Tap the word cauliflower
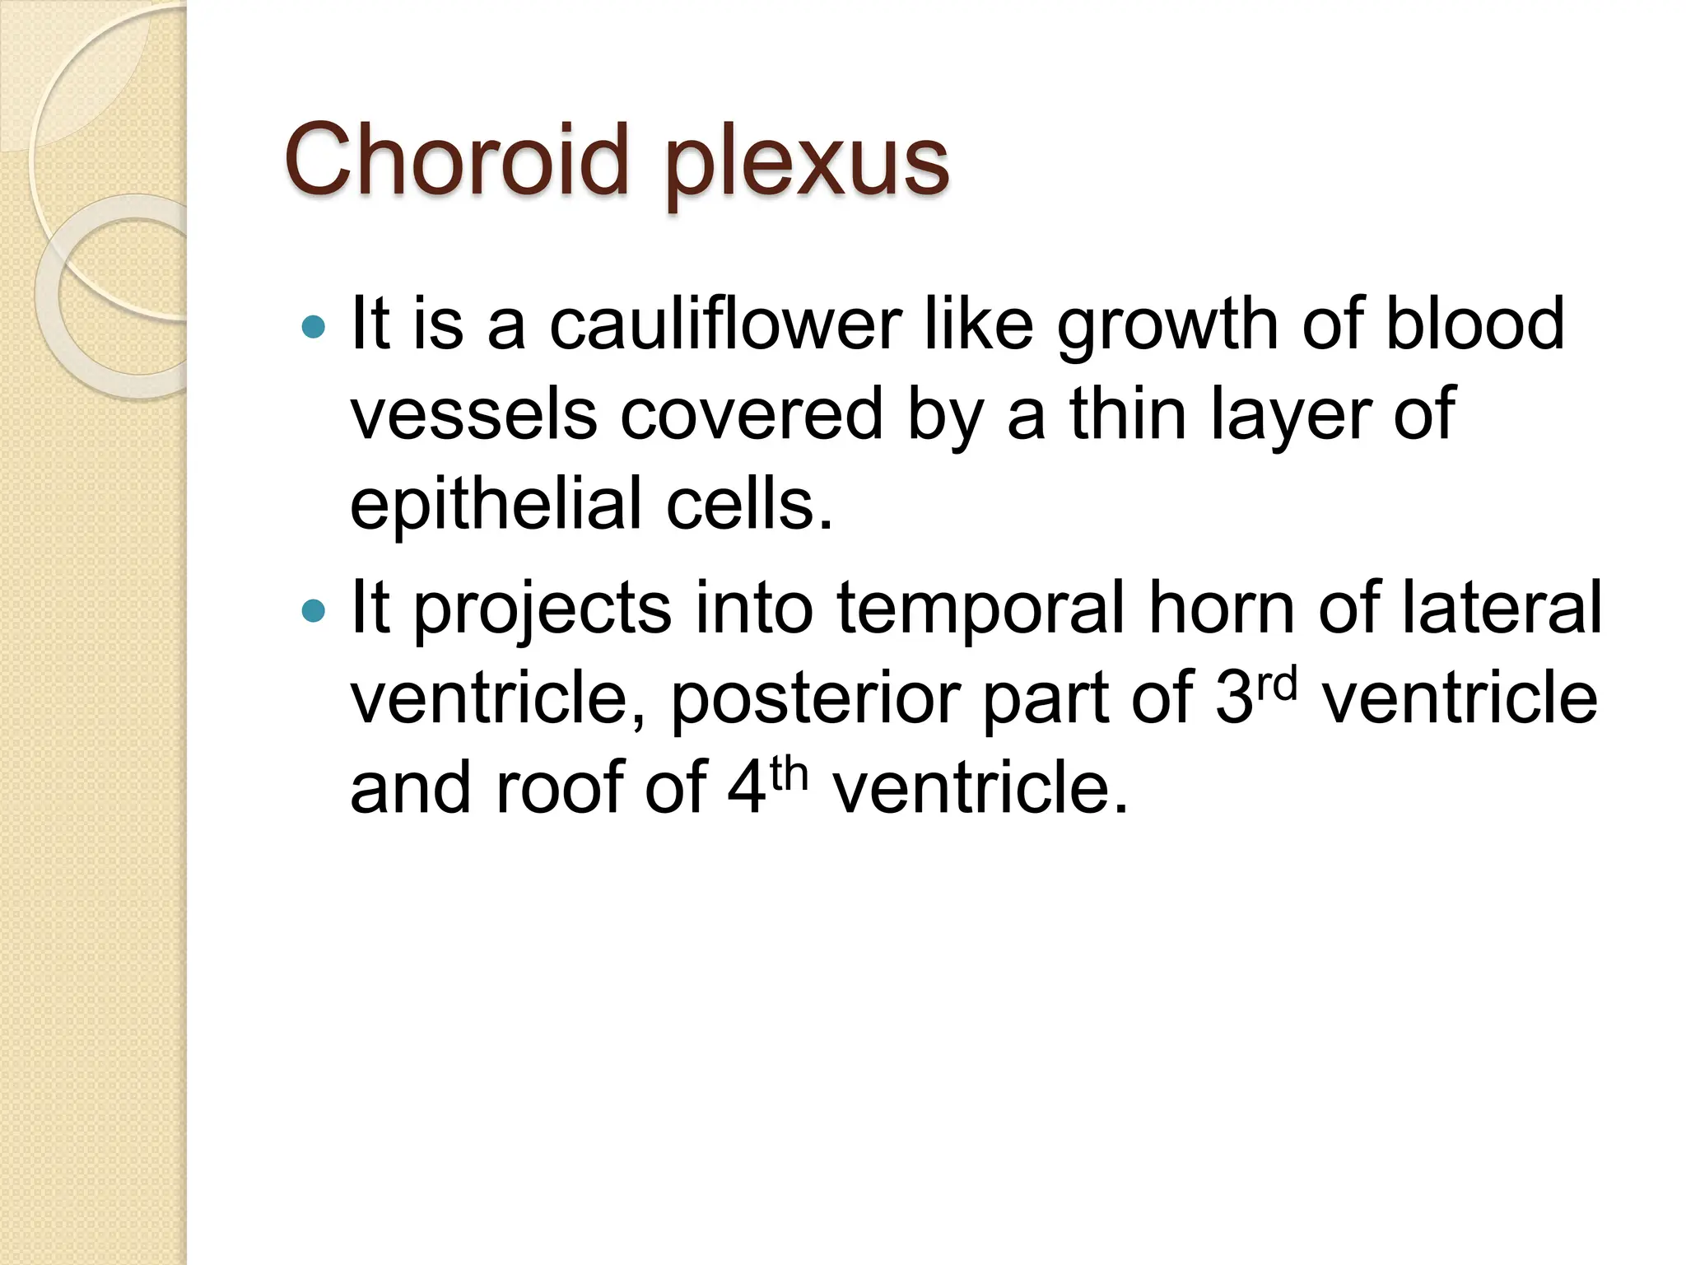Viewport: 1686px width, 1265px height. pos(725,324)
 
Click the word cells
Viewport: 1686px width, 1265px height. pos(749,504)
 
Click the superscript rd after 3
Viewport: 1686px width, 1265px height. pos(1277,683)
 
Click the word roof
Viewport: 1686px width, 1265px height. pos(559,788)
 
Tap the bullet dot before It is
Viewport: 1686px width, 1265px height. pos(314,328)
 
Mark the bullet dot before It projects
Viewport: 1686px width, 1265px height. pos(314,611)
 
